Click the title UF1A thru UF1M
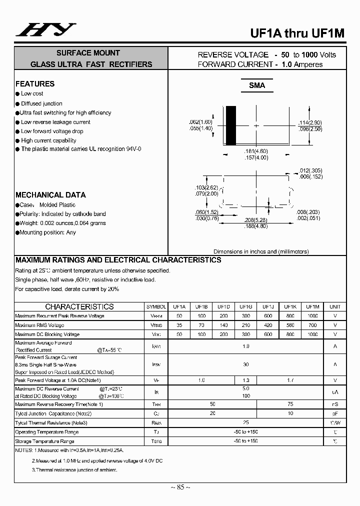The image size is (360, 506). pyautogui.click(x=297, y=33)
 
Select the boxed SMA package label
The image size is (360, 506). pyautogui.click(x=257, y=85)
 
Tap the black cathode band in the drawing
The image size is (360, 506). pyautogui.click(x=230, y=125)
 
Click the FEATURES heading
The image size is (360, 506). pyautogui.click(x=35, y=84)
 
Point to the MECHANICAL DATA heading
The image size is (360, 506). pyautogui.click(x=50, y=195)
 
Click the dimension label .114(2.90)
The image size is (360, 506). pyautogui.click(x=310, y=122)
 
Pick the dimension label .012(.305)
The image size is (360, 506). pyautogui.click(x=310, y=170)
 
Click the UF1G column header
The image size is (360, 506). pyautogui.click(x=245, y=307)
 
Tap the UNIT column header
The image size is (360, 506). pyautogui.click(x=335, y=307)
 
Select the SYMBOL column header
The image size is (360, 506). pyautogui.click(x=156, y=307)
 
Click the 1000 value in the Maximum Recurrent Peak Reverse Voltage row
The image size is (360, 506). pyautogui.click(x=312, y=316)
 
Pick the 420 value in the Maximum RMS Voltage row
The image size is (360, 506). pyautogui.click(x=268, y=325)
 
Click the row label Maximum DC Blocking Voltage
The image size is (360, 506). pyautogui.click(x=47, y=334)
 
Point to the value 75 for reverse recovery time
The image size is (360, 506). pyautogui.click(x=290, y=404)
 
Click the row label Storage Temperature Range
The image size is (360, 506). pyautogui.click(x=45, y=441)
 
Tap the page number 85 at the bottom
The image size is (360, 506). pyautogui.click(x=180, y=487)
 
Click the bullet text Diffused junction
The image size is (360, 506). pyautogui.click(x=41, y=103)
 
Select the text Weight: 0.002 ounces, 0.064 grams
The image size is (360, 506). pyautogui.click(x=63, y=223)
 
